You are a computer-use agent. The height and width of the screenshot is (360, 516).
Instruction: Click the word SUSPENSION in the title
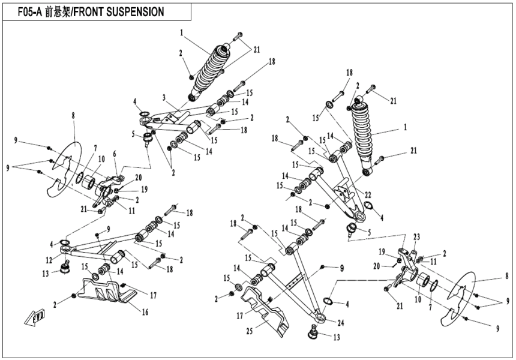[x=130, y=11]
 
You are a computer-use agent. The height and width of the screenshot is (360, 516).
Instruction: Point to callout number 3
[x=163, y=97]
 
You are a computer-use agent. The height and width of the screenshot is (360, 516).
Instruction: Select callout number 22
[x=368, y=194]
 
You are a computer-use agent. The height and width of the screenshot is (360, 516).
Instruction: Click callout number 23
[x=415, y=236]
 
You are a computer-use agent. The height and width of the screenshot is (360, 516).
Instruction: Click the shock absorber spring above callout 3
[x=209, y=66]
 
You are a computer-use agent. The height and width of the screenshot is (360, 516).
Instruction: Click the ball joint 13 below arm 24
[x=314, y=331]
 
